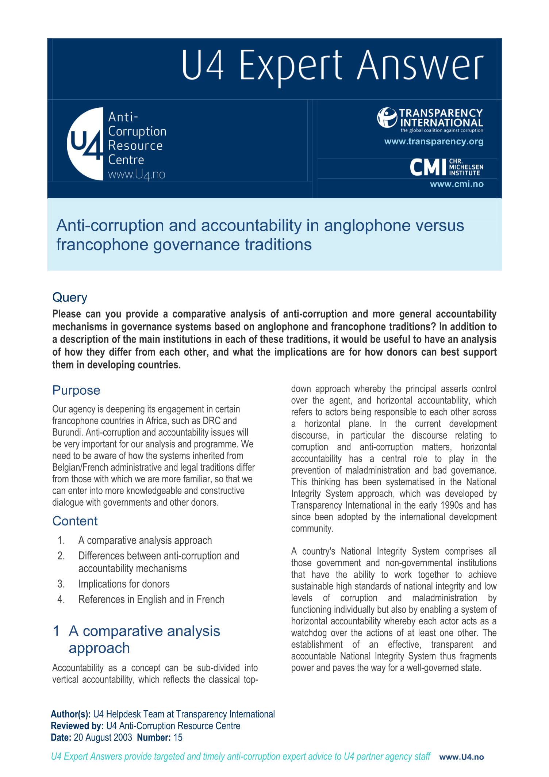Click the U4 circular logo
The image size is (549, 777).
[x=85, y=143]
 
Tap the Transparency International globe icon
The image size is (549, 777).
[x=387, y=118]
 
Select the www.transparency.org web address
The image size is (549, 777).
[x=434, y=142]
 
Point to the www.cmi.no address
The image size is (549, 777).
[x=457, y=184]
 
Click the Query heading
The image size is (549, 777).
[x=70, y=297]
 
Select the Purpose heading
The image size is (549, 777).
[x=76, y=390]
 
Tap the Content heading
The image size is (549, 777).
[x=75, y=521]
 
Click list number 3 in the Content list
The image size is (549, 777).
[x=61, y=584]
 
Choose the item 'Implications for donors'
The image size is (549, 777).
[x=124, y=584]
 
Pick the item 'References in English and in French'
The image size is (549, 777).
[x=151, y=600]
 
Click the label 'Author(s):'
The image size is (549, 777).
[x=71, y=714]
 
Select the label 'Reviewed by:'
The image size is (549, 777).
[x=77, y=726]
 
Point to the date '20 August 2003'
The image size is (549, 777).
[x=103, y=738]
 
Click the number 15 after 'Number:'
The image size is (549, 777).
[x=178, y=738]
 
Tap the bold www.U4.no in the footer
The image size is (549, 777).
[x=461, y=757]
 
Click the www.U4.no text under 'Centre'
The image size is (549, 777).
[x=137, y=175]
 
